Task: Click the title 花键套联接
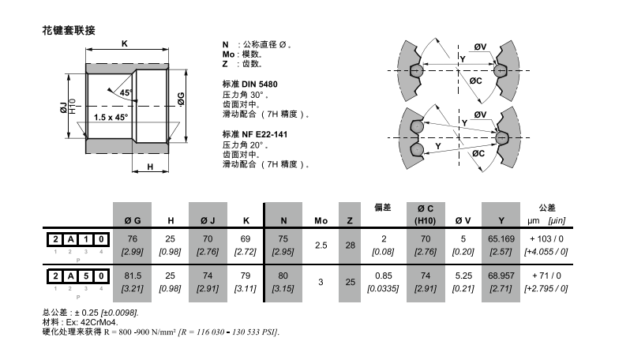(x=69, y=31)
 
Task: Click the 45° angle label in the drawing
(x=126, y=92)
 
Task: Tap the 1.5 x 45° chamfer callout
(x=110, y=118)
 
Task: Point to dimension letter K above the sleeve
(x=125, y=43)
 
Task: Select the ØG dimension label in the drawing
(x=181, y=99)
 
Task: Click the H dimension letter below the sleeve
(x=151, y=167)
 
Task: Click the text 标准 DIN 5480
(x=249, y=83)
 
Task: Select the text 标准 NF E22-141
(x=255, y=134)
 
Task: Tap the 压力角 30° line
(x=246, y=94)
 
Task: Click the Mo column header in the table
(x=321, y=219)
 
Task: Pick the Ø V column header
(x=463, y=219)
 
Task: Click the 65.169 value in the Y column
(x=501, y=238)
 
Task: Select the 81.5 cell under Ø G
(x=133, y=276)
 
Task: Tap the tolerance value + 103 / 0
(x=546, y=238)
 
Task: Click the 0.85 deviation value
(x=382, y=276)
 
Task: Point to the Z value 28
(x=351, y=245)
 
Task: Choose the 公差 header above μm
(x=546, y=208)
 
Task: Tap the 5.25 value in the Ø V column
(x=463, y=276)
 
